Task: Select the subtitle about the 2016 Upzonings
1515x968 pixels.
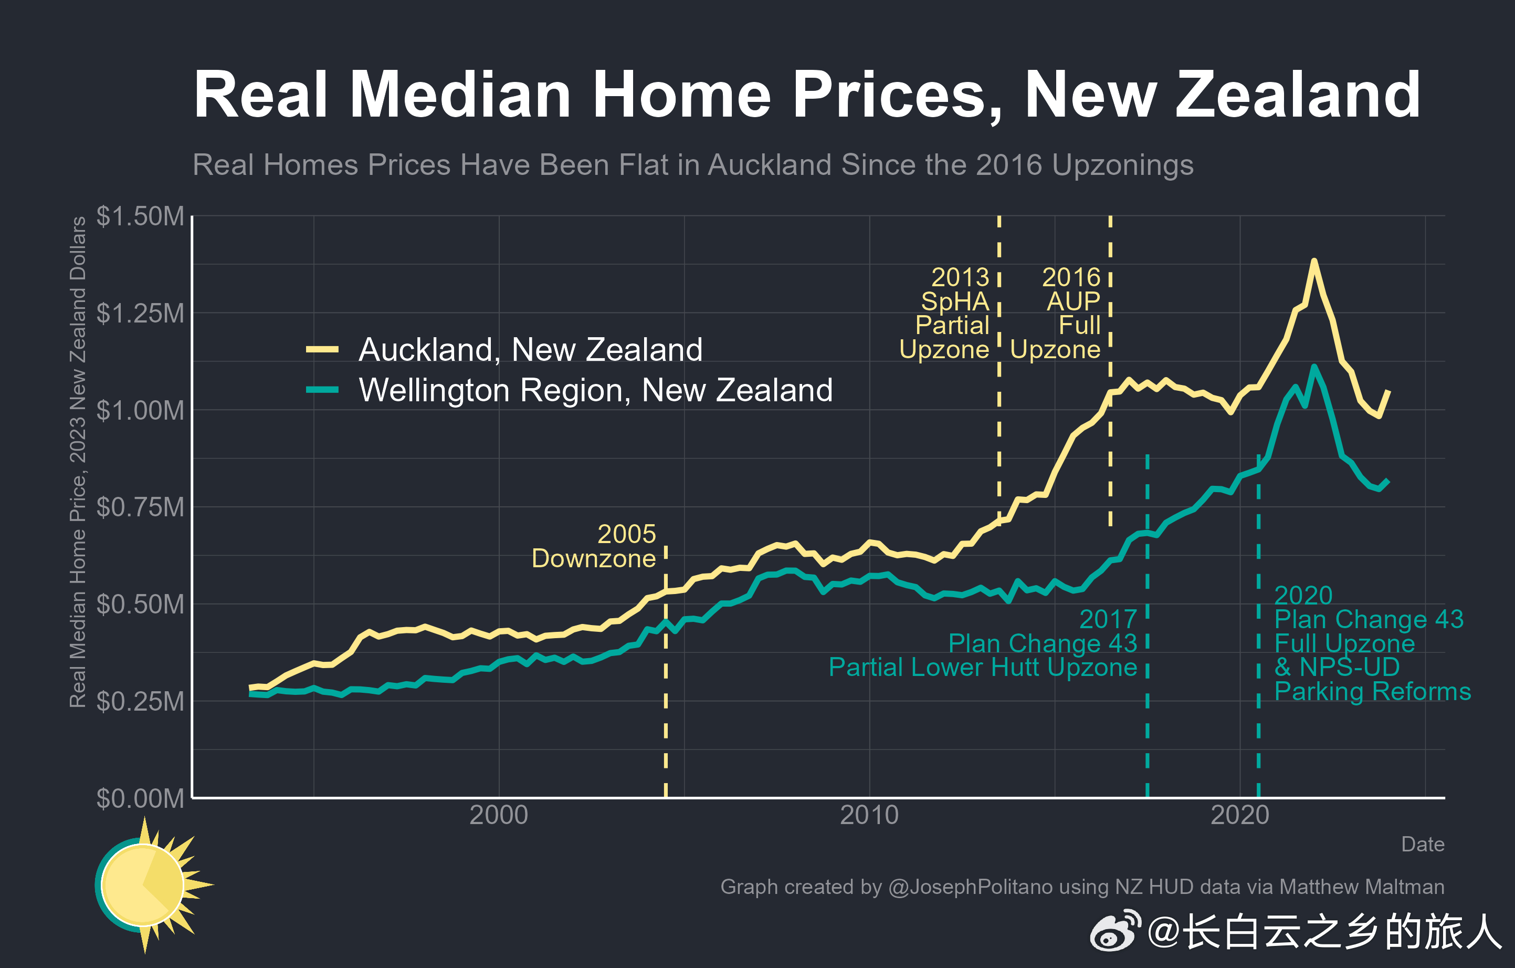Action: [x=692, y=165]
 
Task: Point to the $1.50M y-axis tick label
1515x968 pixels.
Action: [x=140, y=216]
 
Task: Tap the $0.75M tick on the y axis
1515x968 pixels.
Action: [x=140, y=507]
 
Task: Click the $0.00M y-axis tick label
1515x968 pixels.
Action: [x=140, y=798]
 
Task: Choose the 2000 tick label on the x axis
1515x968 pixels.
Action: [x=498, y=815]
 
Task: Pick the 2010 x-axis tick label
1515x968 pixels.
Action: [x=869, y=815]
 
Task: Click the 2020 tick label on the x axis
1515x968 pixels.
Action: [x=1239, y=815]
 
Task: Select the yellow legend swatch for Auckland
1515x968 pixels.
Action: [x=322, y=349]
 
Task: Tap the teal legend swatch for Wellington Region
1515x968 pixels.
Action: [x=322, y=390]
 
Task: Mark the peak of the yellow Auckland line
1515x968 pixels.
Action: [x=1313, y=261]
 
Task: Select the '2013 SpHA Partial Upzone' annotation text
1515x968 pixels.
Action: [x=945, y=313]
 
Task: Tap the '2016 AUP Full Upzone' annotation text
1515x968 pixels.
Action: [x=1057, y=313]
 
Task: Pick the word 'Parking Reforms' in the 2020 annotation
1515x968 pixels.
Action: [x=1372, y=691]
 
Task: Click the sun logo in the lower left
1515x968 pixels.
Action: [x=148, y=884]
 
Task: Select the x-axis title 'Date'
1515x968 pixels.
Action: [x=1422, y=844]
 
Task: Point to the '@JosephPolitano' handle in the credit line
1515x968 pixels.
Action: [x=970, y=887]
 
